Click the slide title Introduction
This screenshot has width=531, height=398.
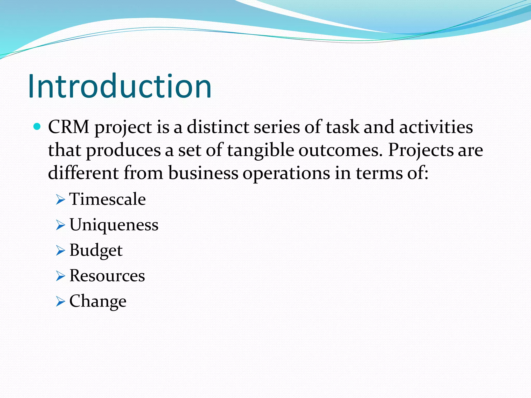coord(120,86)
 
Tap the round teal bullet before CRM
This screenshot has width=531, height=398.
coord(37,127)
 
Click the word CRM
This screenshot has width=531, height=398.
coord(69,127)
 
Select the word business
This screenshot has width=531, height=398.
coord(203,173)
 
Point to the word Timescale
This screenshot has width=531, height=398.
coord(108,199)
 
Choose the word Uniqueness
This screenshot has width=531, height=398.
coord(114,225)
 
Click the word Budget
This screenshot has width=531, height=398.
coord(96,251)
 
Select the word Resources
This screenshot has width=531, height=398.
coord(107,275)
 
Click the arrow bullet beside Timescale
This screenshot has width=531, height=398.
coord(60,200)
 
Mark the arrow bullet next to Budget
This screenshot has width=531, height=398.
coord(60,251)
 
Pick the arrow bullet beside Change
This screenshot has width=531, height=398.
coord(60,302)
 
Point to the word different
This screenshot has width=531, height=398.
coord(83,173)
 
